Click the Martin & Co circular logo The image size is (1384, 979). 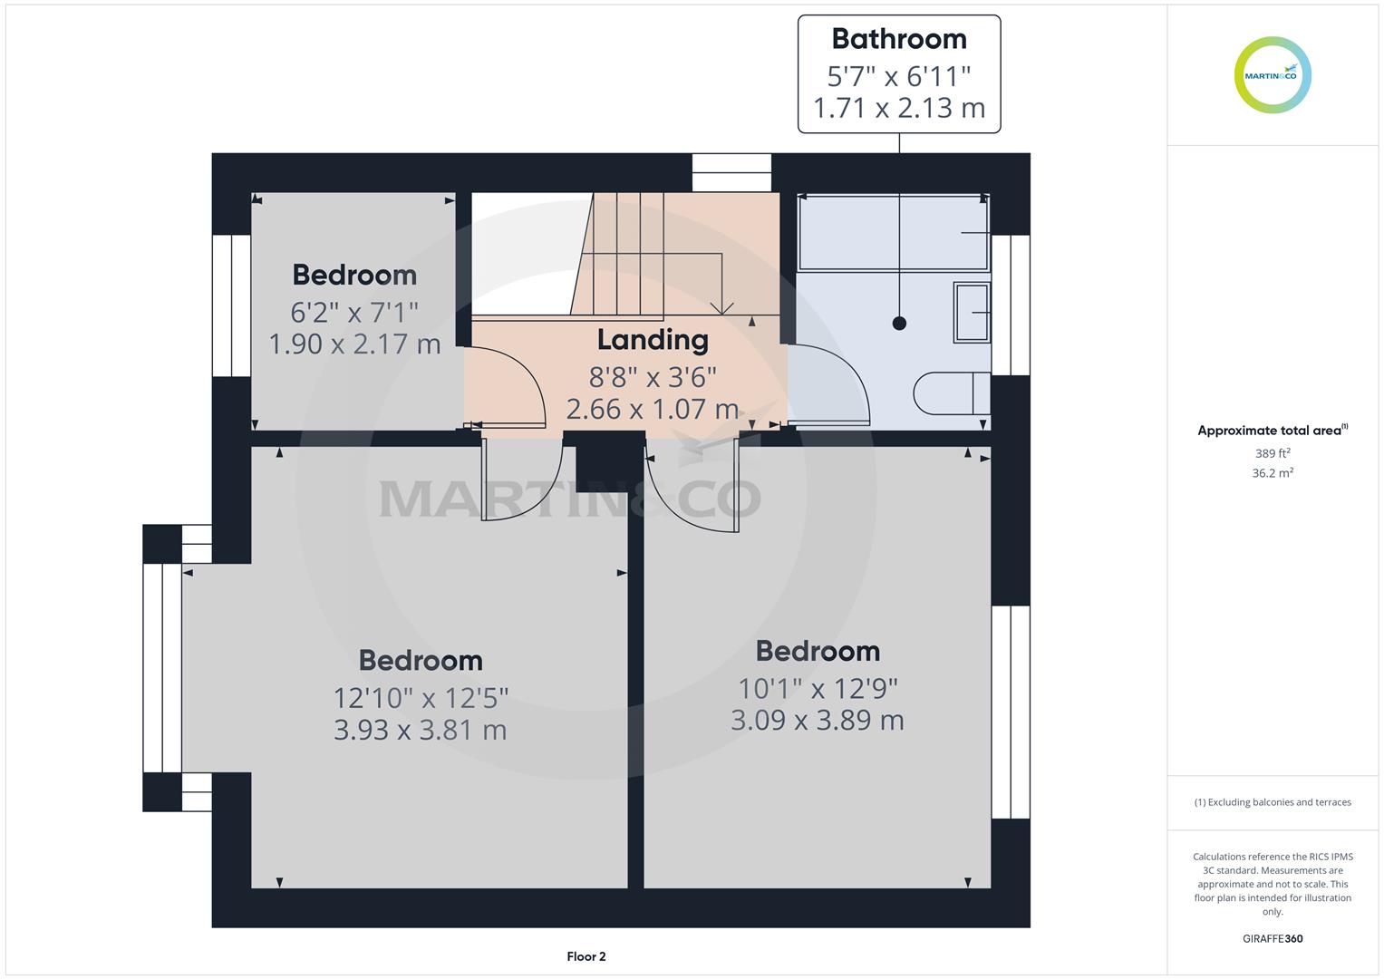pos(1273,74)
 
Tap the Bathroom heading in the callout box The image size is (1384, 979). pos(899,39)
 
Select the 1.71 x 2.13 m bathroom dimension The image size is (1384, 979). pos(899,108)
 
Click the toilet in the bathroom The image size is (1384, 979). pos(952,393)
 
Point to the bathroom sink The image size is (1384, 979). pos(972,312)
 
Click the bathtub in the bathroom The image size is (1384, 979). pos(894,232)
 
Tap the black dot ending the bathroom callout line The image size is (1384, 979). pos(899,323)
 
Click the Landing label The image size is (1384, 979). pos(653,341)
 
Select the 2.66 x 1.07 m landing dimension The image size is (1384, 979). pos(653,409)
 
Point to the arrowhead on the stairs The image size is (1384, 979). pos(721,308)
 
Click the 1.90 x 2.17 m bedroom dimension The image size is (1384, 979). pos(354,344)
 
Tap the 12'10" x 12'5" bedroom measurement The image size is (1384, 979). pos(421,698)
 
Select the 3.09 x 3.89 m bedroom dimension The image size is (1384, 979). pos(818,721)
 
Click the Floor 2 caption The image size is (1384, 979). pos(586,956)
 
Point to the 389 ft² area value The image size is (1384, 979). pos(1273,453)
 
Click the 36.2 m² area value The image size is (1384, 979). pos(1273,473)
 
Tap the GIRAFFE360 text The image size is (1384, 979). pos(1273,938)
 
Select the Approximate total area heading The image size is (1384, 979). pos(1273,431)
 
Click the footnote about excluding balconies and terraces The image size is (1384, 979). pos(1273,802)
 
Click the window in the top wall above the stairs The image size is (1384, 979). pos(731,172)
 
